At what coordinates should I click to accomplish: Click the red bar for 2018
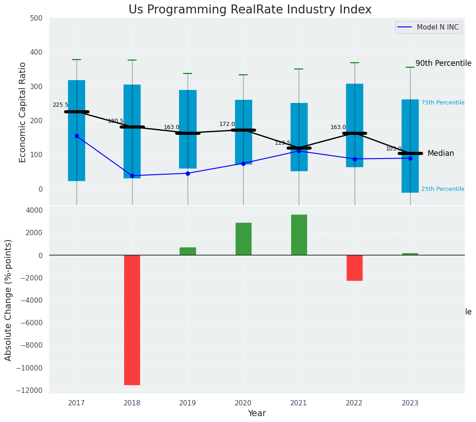pyautogui.click(x=132, y=320)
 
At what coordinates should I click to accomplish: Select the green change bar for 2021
pyautogui.click(x=299, y=235)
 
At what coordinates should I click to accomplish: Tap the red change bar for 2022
pyautogui.click(x=354, y=268)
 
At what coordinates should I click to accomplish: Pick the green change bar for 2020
pyautogui.click(x=243, y=239)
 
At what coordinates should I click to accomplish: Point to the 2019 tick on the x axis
pyautogui.click(x=188, y=403)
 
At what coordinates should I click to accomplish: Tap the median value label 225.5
pyautogui.click(x=60, y=105)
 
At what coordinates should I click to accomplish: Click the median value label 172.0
pyautogui.click(x=227, y=124)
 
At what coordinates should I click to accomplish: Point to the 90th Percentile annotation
pyautogui.click(x=443, y=64)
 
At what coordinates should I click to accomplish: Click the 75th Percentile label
pyautogui.click(x=442, y=103)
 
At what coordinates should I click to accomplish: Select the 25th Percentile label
pyautogui.click(x=442, y=189)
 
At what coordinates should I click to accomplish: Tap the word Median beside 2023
pyautogui.click(x=441, y=154)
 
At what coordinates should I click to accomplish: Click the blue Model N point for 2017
pyautogui.click(x=77, y=136)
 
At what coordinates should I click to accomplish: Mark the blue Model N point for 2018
pyautogui.click(x=132, y=176)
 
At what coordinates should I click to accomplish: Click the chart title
pyautogui.click(x=250, y=10)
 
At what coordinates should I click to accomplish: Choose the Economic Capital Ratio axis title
pyautogui.click(x=23, y=112)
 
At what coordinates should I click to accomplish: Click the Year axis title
pyautogui.click(x=257, y=413)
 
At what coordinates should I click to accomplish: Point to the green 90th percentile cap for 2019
pyautogui.click(x=188, y=73)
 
